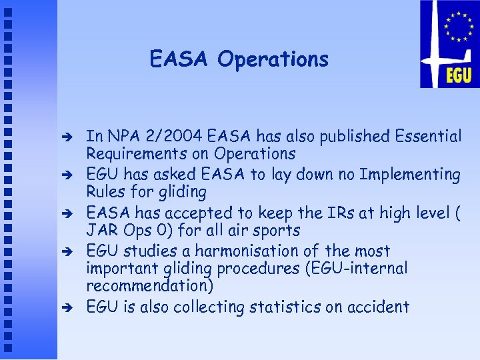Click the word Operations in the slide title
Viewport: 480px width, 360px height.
tap(273, 60)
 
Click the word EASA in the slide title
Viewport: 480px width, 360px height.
tap(179, 59)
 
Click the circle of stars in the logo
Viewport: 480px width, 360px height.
tap(459, 27)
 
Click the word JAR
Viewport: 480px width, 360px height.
tap(100, 231)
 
